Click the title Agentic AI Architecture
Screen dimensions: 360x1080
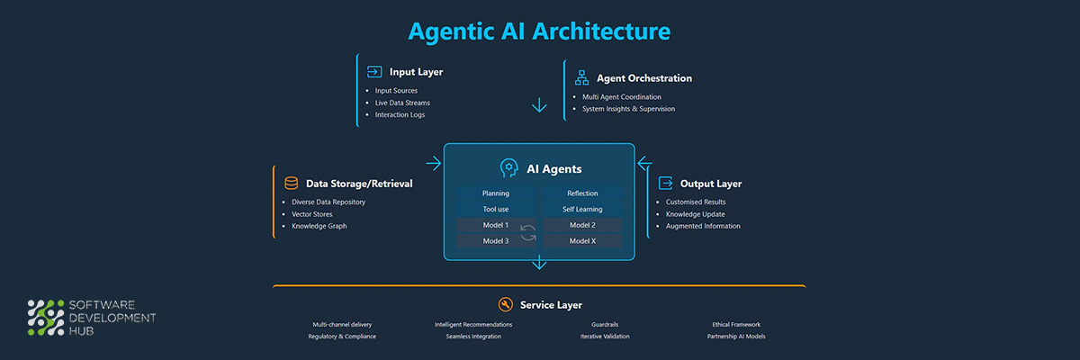pyautogui.click(x=539, y=31)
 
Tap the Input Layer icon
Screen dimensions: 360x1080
pyautogui.click(x=374, y=72)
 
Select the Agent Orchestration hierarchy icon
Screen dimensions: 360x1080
pyautogui.click(x=581, y=78)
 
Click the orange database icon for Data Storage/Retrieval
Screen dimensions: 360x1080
pyautogui.click(x=291, y=183)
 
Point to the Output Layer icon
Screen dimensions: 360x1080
pyautogui.click(x=666, y=183)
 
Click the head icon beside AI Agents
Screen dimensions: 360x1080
pyautogui.click(x=509, y=168)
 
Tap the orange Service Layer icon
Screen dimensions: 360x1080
pyautogui.click(x=505, y=304)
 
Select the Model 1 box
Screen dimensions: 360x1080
pyautogui.click(x=495, y=225)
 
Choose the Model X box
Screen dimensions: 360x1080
pyautogui.click(x=582, y=241)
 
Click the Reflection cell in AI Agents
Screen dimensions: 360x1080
pyautogui.click(x=582, y=193)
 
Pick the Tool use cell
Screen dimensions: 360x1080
pyautogui.click(x=495, y=209)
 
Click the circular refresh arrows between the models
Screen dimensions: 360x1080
pyautogui.click(x=528, y=233)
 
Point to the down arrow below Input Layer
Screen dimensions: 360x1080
pyautogui.click(x=539, y=105)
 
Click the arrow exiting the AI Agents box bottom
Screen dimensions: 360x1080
pyautogui.click(x=539, y=262)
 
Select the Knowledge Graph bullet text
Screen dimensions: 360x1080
pyautogui.click(x=319, y=226)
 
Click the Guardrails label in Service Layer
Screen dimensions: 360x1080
pyautogui.click(x=605, y=324)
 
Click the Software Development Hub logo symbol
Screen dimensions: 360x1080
pyautogui.click(x=48, y=317)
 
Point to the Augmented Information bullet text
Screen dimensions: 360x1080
pyautogui.click(x=703, y=226)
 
